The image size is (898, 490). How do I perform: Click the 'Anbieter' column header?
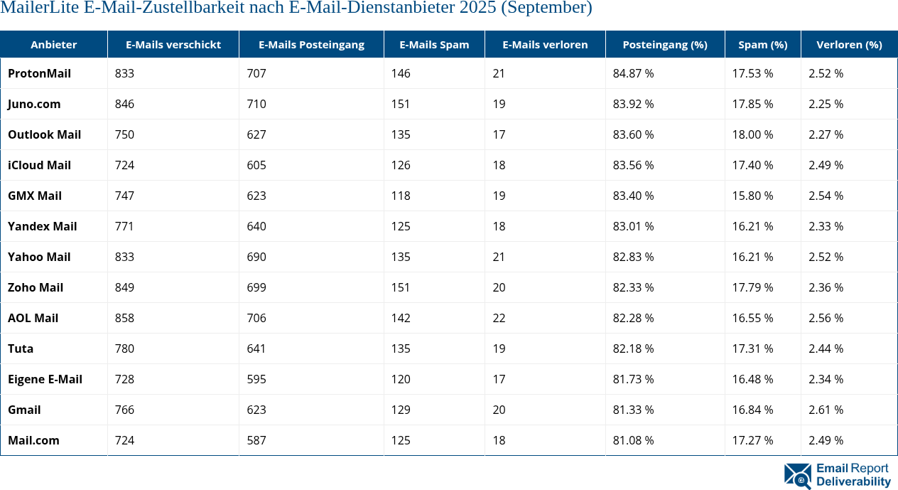coord(54,44)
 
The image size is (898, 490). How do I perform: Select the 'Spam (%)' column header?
coord(762,44)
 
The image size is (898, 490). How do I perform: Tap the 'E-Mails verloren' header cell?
coord(545,44)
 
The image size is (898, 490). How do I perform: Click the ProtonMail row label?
coord(39,73)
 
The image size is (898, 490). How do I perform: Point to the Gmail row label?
coord(24,410)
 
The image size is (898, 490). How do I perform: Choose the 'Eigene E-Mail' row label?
coord(45,379)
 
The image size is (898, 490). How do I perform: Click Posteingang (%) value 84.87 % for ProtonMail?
coord(633,73)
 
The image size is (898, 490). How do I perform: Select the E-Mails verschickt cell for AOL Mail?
coord(124,318)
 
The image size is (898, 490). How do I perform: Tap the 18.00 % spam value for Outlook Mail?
coord(752,134)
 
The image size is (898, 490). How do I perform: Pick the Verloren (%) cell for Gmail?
coord(826,410)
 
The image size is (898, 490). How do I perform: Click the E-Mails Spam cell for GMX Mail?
coord(401,196)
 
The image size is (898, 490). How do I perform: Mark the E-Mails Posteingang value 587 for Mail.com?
coord(256,440)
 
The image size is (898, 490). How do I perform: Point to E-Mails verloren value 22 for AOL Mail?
coord(499,318)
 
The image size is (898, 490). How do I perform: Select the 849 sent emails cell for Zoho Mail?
coord(124,287)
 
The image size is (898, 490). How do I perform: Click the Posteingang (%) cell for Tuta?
coord(633,348)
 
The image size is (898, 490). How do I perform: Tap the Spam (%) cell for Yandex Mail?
coord(752,226)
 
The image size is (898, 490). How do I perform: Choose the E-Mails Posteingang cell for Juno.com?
coord(256,104)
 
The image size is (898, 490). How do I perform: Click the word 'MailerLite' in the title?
coord(38,9)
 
